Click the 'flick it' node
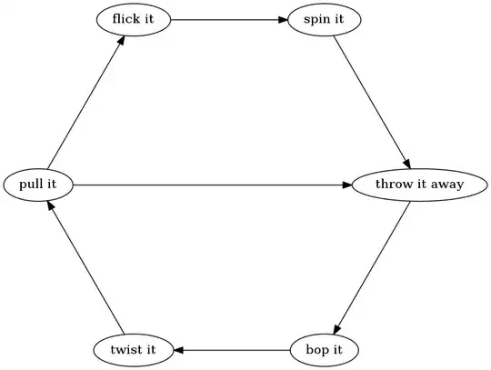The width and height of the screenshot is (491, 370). tap(134, 20)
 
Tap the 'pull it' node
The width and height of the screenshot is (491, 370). tap(38, 185)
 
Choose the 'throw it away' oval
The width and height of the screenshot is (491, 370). tap(407, 185)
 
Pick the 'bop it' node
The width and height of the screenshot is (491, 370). tap(325, 349)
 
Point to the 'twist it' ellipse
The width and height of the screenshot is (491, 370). tap(134, 349)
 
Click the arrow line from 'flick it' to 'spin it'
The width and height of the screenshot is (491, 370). tap(227, 20)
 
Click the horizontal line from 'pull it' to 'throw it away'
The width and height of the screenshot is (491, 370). tap(209, 185)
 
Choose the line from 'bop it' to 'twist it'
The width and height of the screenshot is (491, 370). tap(232, 349)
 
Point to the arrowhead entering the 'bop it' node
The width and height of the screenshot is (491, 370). tap(336, 329)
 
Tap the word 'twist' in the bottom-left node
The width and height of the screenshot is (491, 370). tap(125, 349)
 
